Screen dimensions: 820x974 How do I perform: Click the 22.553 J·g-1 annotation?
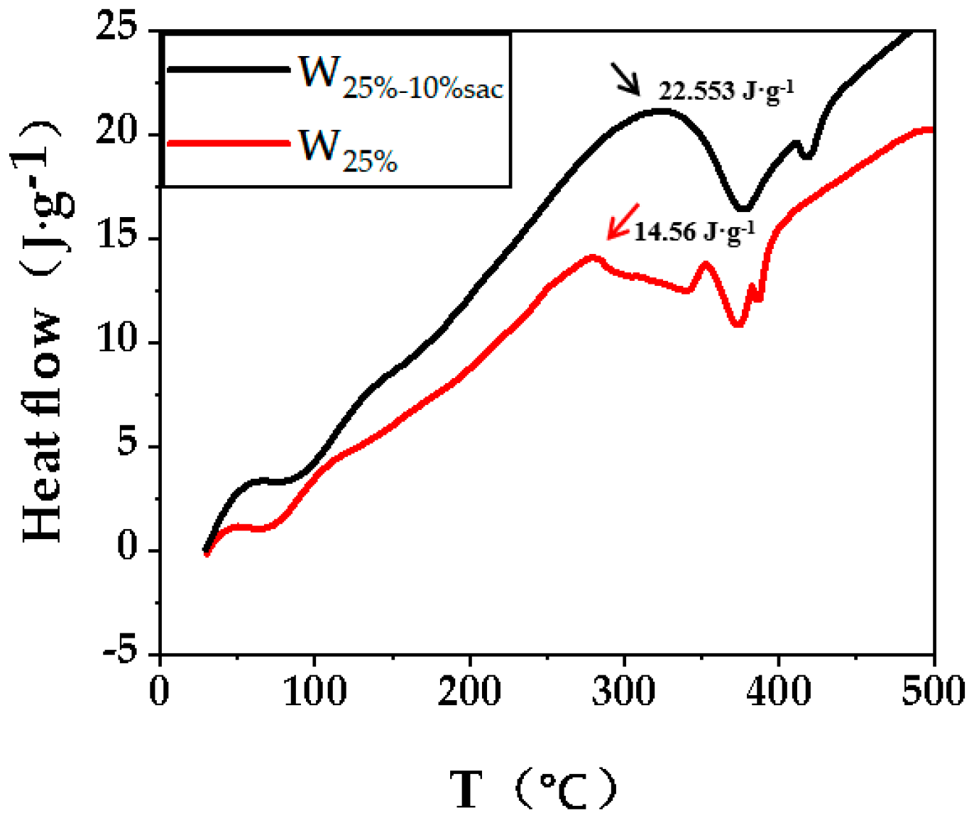[726, 92]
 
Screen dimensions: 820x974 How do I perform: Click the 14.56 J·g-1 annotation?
[694, 231]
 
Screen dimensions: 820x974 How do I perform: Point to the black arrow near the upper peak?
[625, 79]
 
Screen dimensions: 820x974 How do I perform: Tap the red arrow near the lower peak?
[623, 222]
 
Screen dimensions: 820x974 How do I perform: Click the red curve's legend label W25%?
[348, 150]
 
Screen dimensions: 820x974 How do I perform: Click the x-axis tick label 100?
[314, 690]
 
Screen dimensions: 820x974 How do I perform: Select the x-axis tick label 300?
[624, 690]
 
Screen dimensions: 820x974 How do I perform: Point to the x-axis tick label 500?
[933, 690]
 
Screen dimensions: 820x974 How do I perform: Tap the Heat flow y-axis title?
[43, 333]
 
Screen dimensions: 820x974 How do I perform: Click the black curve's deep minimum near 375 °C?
[743, 209]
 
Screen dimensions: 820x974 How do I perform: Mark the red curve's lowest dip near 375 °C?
[738, 324]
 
